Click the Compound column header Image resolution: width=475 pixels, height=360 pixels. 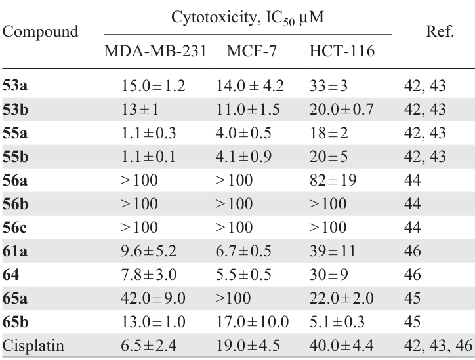pyautogui.click(x=41, y=31)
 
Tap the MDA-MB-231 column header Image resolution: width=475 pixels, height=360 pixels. pyautogui.click(x=153, y=52)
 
